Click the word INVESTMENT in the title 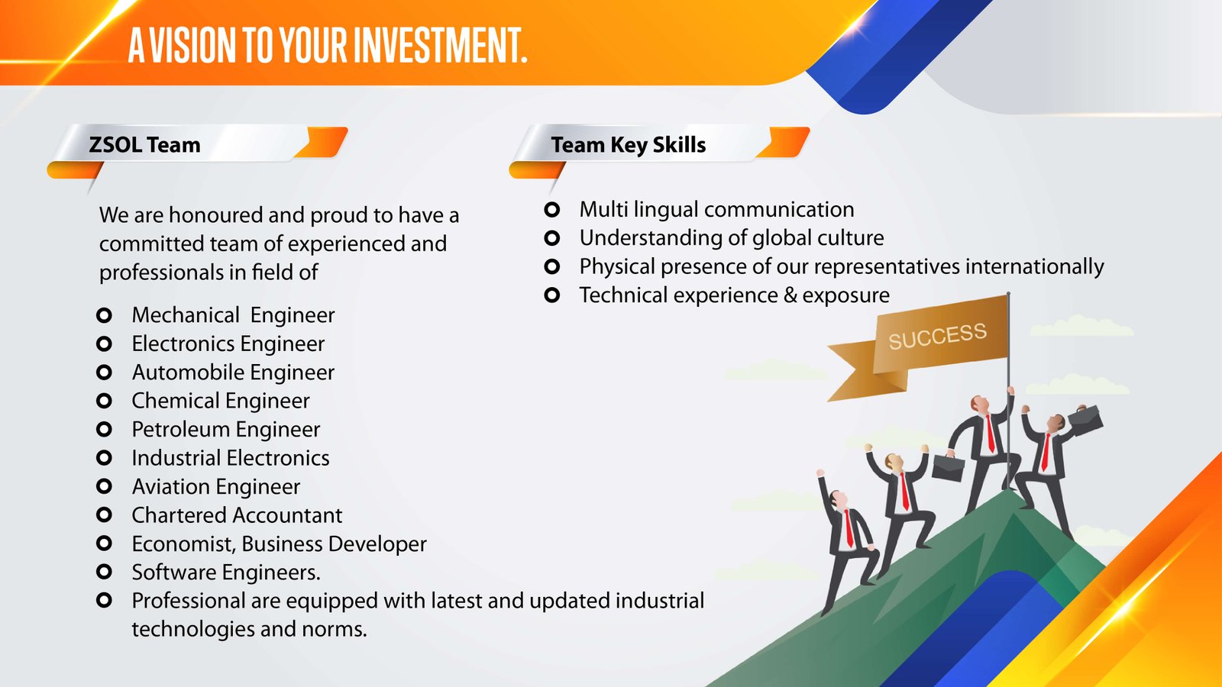[440, 45]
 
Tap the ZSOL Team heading [144, 145]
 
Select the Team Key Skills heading [629, 145]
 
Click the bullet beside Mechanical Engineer [104, 315]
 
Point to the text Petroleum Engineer [226, 430]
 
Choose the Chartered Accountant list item [238, 515]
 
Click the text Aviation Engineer [216, 487]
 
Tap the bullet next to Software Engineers [104, 572]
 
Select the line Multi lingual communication [717, 210]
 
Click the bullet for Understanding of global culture [552, 237]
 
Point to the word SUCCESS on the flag [938, 335]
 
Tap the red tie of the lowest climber [849, 527]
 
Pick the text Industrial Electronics [231, 458]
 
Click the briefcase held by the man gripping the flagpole [948, 467]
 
